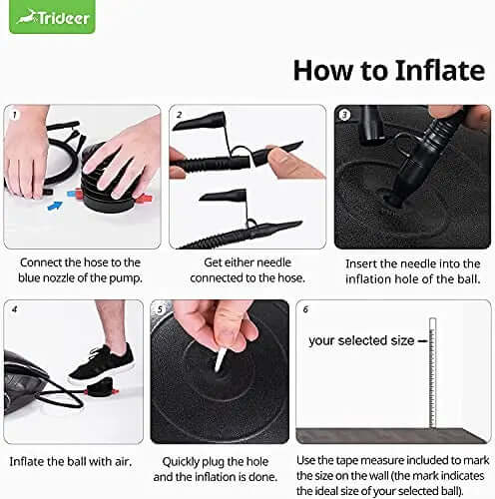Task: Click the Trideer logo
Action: [x=52, y=17]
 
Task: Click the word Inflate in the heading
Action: [x=440, y=71]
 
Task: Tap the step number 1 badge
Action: [x=14, y=115]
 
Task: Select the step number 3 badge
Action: [x=344, y=115]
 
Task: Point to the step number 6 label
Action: [x=305, y=309]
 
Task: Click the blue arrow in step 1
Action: [x=55, y=206]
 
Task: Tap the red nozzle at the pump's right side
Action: [x=145, y=199]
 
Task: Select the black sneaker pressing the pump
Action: [x=101, y=364]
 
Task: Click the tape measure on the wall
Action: [x=432, y=372]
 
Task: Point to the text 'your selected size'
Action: [x=361, y=340]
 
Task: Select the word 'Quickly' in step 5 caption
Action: [x=181, y=462]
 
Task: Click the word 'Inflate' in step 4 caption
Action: [x=27, y=461]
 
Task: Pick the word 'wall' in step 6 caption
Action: [x=378, y=476]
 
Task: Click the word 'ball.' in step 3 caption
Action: [x=469, y=278]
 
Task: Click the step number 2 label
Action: [x=180, y=115]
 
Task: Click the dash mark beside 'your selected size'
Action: [x=422, y=341]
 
